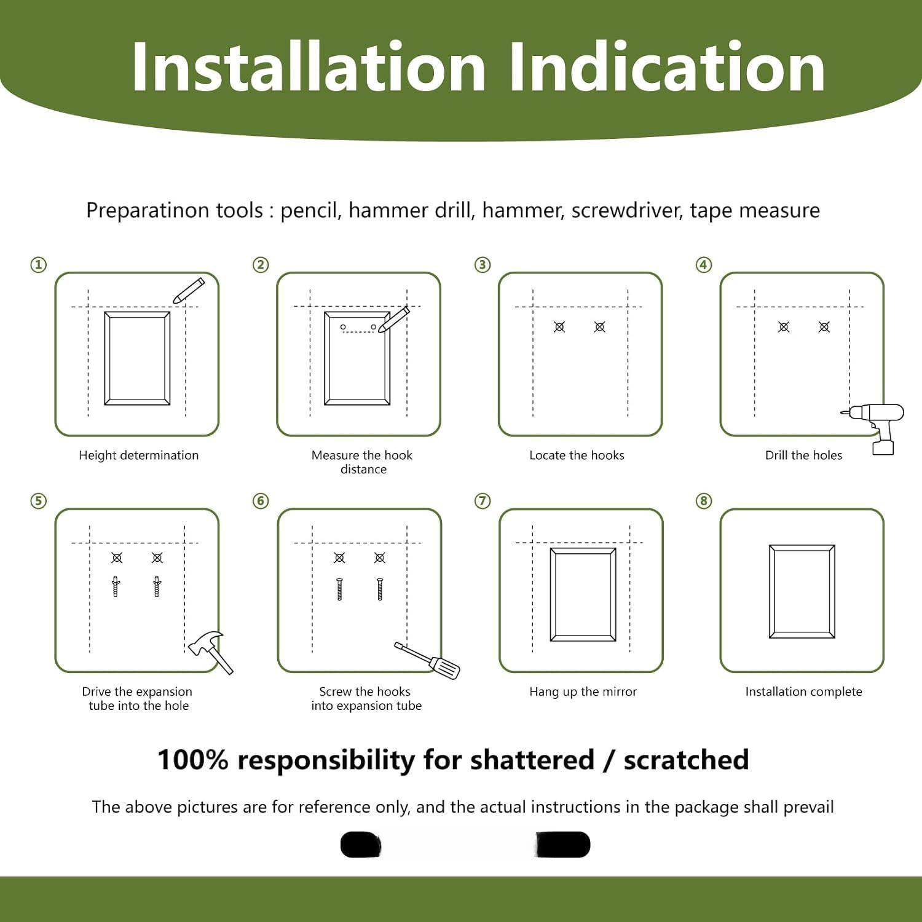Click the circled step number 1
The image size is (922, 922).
(39, 265)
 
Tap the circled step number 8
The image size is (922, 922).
(704, 501)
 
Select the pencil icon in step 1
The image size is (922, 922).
(188, 290)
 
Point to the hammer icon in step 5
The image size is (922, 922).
(210, 652)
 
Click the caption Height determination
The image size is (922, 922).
(139, 455)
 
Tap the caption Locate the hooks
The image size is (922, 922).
(577, 455)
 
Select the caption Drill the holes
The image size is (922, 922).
(803, 455)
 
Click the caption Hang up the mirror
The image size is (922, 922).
(583, 692)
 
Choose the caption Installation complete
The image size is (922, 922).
(803, 692)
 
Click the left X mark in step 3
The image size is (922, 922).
(559, 327)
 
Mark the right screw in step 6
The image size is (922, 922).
(380, 589)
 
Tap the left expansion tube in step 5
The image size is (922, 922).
(116, 586)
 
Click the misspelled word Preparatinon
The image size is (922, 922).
(175, 211)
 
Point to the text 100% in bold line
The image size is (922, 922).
(192, 760)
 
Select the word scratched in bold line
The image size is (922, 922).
(686, 760)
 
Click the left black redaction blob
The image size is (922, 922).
(361, 845)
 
